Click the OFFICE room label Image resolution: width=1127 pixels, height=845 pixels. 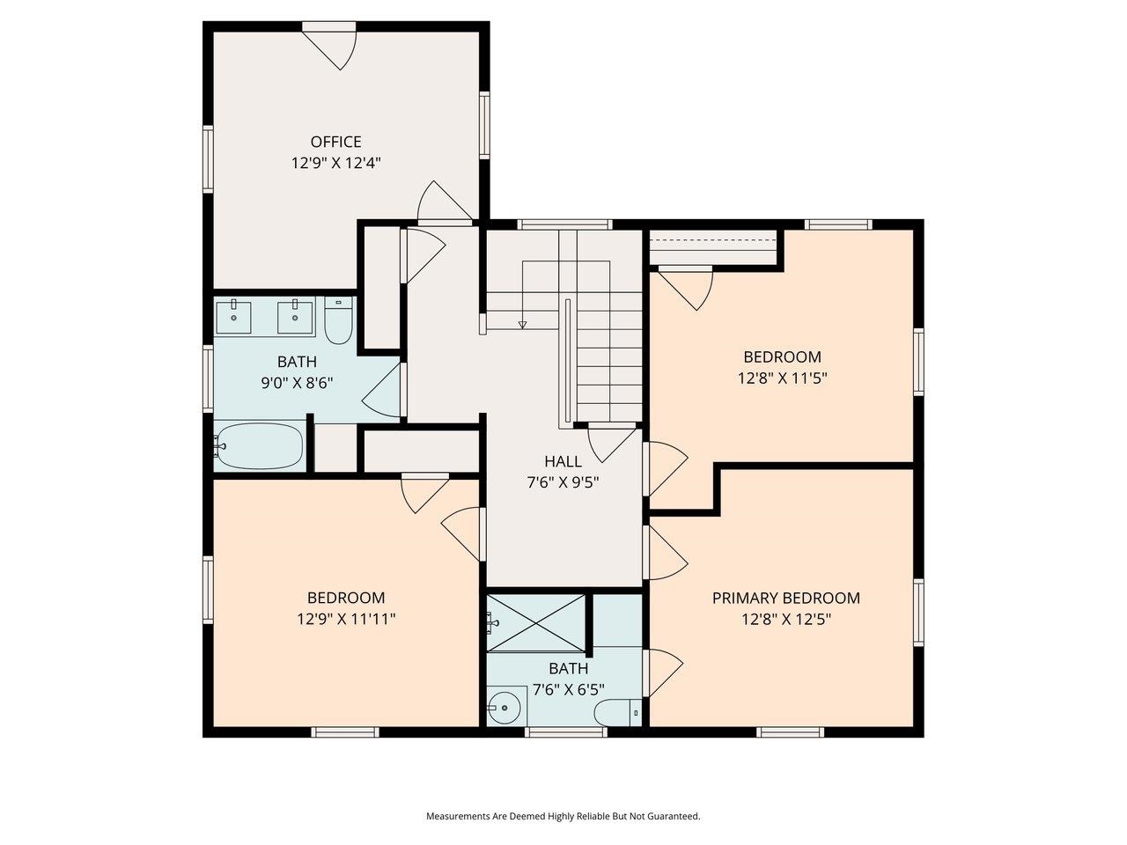[335, 142]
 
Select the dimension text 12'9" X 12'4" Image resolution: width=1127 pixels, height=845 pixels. [335, 163]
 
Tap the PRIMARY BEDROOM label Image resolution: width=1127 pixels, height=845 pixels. [785, 599]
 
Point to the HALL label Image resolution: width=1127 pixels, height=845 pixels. [563, 461]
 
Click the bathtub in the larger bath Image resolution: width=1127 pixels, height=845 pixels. [261, 446]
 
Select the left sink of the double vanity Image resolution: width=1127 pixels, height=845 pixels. [234, 317]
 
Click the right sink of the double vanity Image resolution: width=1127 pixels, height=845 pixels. [295, 317]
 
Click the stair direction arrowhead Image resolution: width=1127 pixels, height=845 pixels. [522, 325]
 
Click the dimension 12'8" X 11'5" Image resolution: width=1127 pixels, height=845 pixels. [782, 378]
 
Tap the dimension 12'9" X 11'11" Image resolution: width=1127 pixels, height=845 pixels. [346, 619]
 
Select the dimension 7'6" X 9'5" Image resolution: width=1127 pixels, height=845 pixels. [563, 482]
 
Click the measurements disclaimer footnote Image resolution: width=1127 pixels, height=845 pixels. [563, 816]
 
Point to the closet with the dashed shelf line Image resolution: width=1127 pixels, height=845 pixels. [713, 247]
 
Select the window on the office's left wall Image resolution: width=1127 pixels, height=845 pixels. [208, 158]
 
